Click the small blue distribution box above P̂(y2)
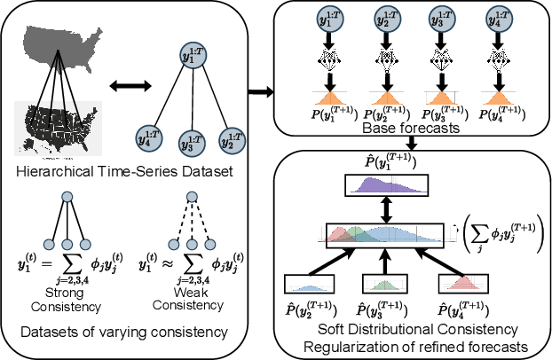308,285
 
